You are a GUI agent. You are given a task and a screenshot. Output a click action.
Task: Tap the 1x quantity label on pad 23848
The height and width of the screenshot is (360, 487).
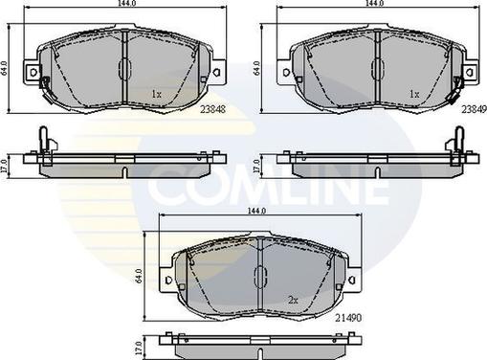click(x=156, y=94)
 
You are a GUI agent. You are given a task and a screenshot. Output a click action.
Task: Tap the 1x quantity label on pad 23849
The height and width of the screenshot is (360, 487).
click(x=414, y=94)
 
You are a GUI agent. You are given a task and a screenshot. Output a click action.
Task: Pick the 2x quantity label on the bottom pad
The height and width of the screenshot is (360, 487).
click(x=294, y=300)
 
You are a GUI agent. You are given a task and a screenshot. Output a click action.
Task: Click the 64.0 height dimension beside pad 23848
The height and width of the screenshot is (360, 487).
click(x=6, y=70)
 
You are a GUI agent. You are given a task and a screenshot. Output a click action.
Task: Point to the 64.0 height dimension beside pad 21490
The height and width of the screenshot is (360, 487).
click(x=141, y=277)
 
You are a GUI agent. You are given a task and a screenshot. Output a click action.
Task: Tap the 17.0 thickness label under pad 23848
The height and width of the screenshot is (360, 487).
click(x=6, y=164)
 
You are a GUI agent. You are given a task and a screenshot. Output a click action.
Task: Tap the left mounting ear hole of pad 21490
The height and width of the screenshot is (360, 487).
click(x=169, y=281)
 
